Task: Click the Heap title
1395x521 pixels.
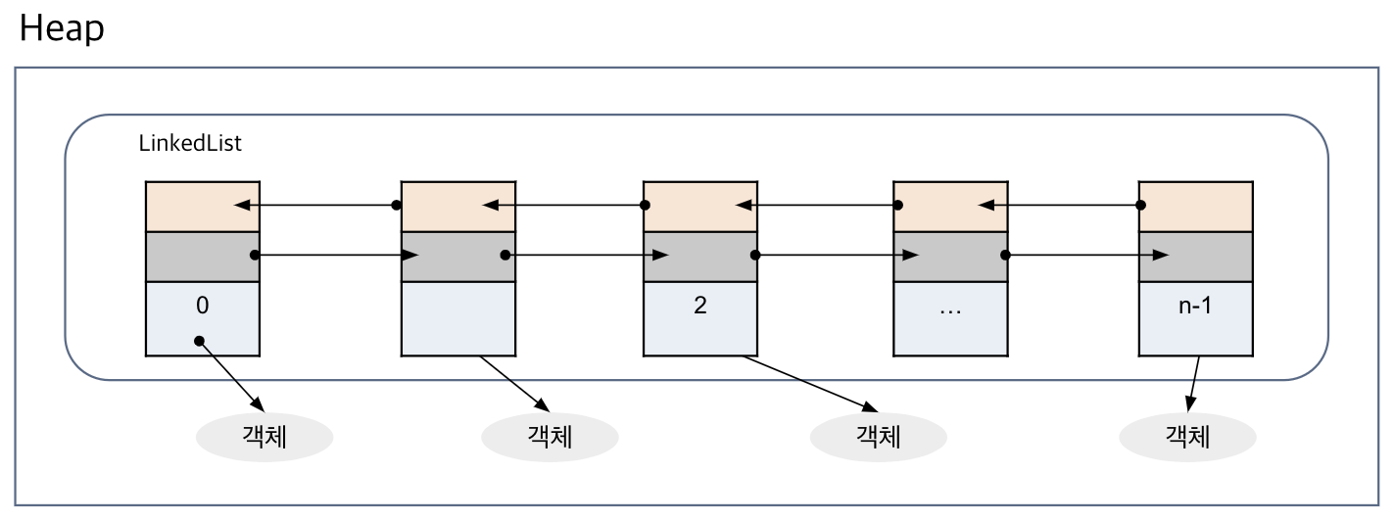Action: [x=62, y=29]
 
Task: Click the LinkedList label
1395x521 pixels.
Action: [x=190, y=144]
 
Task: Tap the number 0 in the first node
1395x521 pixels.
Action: [x=202, y=305]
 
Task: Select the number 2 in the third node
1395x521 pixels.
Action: [x=699, y=305]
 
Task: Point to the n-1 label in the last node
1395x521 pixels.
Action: [x=1195, y=305]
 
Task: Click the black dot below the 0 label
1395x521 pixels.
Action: [x=199, y=341]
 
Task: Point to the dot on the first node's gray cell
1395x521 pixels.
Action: [x=254, y=256]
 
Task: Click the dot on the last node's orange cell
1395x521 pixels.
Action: [x=1140, y=206]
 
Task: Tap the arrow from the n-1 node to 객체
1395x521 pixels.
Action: [x=1193, y=385]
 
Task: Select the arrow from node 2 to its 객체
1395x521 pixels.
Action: [x=808, y=382]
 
